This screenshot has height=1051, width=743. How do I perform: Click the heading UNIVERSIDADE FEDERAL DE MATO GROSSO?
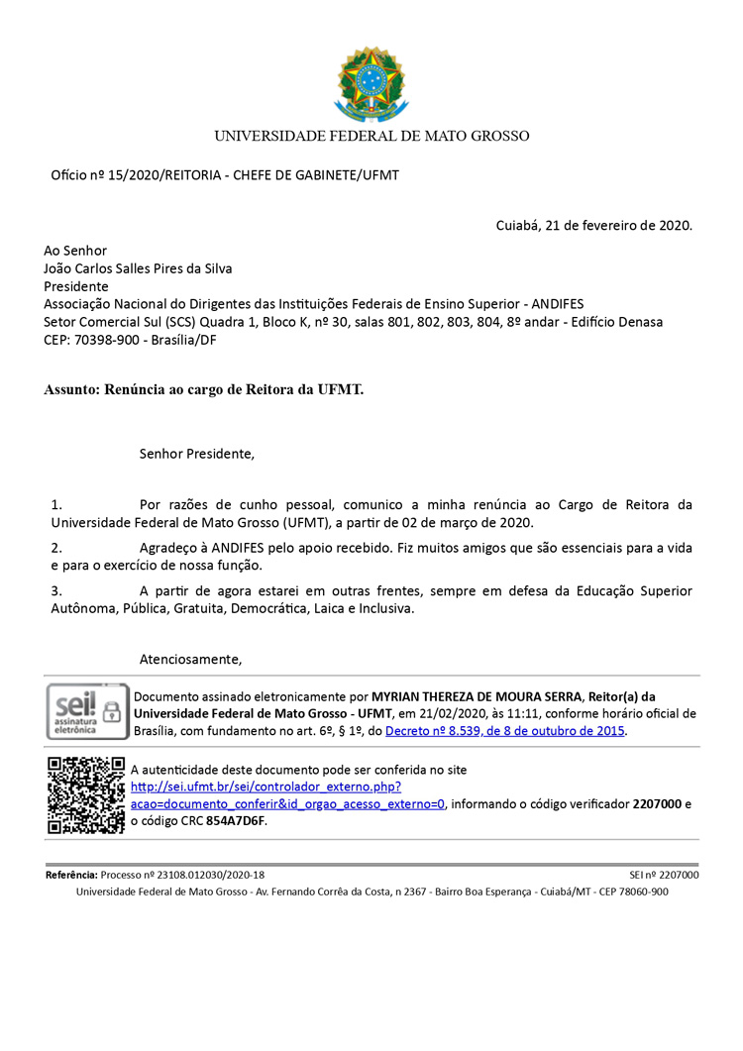click(x=371, y=136)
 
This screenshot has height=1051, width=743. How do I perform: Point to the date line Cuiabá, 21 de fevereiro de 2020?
click(x=593, y=225)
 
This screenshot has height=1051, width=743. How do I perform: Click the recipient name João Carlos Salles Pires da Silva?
click(x=138, y=268)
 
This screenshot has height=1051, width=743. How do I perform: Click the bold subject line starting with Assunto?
click(x=203, y=389)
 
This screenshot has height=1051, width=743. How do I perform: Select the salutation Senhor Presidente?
click(x=197, y=455)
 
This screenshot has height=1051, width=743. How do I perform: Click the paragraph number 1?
click(x=56, y=504)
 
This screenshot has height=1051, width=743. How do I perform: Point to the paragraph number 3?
click(x=56, y=591)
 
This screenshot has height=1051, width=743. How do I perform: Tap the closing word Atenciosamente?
click(x=190, y=659)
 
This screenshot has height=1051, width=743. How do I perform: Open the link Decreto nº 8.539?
click(x=505, y=731)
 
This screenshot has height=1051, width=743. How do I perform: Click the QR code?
click(x=86, y=794)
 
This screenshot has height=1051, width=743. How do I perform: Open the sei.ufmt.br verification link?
click(x=265, y=787)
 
